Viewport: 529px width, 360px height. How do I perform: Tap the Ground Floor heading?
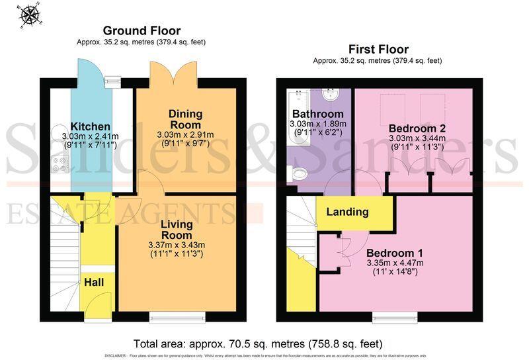point(142,31)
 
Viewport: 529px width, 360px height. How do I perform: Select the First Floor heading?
point(378,49)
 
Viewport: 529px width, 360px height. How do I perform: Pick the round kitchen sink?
point(58,128)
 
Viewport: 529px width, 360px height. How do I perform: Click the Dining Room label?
point(185,119)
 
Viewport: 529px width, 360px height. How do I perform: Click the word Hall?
point(93,283)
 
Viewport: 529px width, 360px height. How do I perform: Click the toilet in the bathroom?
point(299,174)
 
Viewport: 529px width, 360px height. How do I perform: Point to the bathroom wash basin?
point(333,96)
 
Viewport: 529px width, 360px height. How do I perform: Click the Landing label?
point(347,212)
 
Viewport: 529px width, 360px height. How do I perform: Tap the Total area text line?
point(258,343)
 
